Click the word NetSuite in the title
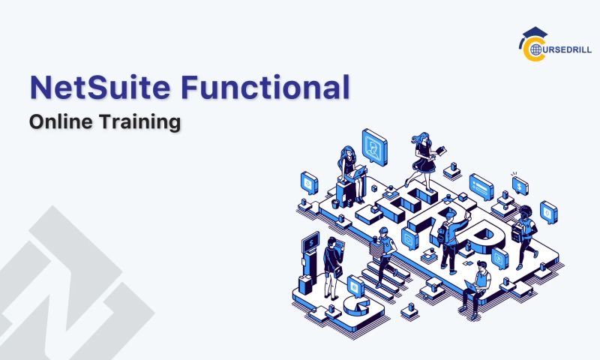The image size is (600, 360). [97, 88]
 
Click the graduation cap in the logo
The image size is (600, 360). [534, 34]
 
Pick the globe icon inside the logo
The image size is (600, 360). [535, 49]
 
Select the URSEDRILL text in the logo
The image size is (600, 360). [564, 49]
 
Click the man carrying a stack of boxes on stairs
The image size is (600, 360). [384, 251]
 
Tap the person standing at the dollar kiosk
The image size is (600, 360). [331, 262]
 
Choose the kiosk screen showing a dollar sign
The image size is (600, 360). [310, 241]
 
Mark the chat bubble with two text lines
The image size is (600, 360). [480, 184]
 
